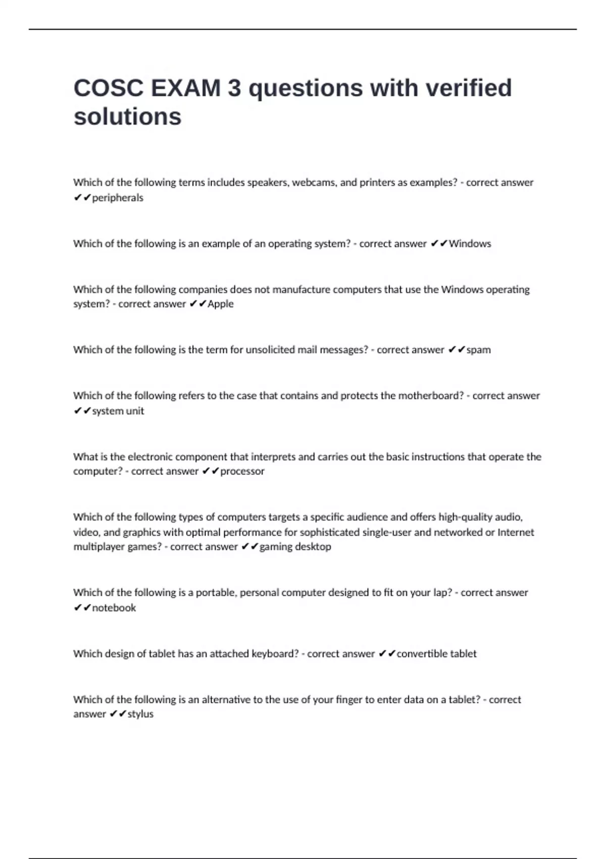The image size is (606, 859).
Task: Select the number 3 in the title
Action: coord(234,88)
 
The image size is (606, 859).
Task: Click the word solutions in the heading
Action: coord(127,117)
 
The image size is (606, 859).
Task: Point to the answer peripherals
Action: coord(118,198)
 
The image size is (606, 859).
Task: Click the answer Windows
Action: coord(470,244)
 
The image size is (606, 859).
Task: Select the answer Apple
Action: coord(221,304)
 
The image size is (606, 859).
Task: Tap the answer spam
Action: coord(478,350)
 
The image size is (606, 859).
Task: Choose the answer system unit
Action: coord(118,411)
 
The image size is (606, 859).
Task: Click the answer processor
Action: coord(242,471)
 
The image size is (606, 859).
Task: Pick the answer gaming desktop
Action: coord(295,547)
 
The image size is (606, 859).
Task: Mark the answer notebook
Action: coord(114,608)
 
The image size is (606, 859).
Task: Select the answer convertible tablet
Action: coord(436,654)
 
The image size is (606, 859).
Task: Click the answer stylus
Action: coord(140,714)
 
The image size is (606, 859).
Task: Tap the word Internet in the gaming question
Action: coord(516,532)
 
